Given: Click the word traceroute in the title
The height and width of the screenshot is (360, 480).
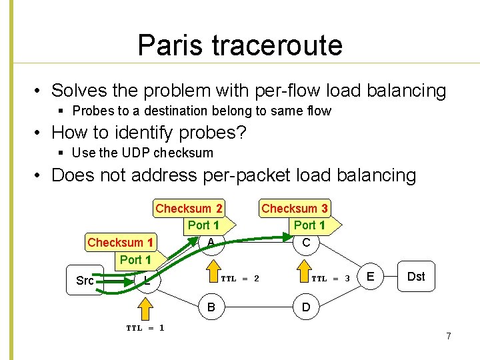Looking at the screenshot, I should click(277, 45).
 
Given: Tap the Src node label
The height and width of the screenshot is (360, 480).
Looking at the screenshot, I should click(85, 281).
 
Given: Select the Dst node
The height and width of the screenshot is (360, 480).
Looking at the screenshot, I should click(415, 276).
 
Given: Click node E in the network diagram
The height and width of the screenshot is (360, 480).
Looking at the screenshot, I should click(371, 276).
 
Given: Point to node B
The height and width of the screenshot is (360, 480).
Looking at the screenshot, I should click(211, 308).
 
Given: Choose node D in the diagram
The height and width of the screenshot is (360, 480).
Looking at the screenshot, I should click(305, 308).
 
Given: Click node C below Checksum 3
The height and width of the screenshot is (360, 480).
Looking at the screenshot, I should click(306, 243).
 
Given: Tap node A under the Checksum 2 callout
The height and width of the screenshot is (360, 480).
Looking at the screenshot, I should click(211, 241).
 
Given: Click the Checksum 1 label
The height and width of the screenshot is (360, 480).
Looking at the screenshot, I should click(121, 242).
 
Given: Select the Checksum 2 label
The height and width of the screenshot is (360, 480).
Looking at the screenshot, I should click(189, 209).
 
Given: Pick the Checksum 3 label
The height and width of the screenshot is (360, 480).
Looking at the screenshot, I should click(294, 209).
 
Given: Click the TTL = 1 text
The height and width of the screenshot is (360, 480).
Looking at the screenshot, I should click(145, 327).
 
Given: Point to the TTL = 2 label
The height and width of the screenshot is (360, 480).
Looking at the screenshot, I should click(239, 278).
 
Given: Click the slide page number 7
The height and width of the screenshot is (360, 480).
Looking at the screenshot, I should click(449, 336).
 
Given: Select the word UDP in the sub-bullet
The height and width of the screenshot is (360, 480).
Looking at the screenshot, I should click(137, 153).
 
